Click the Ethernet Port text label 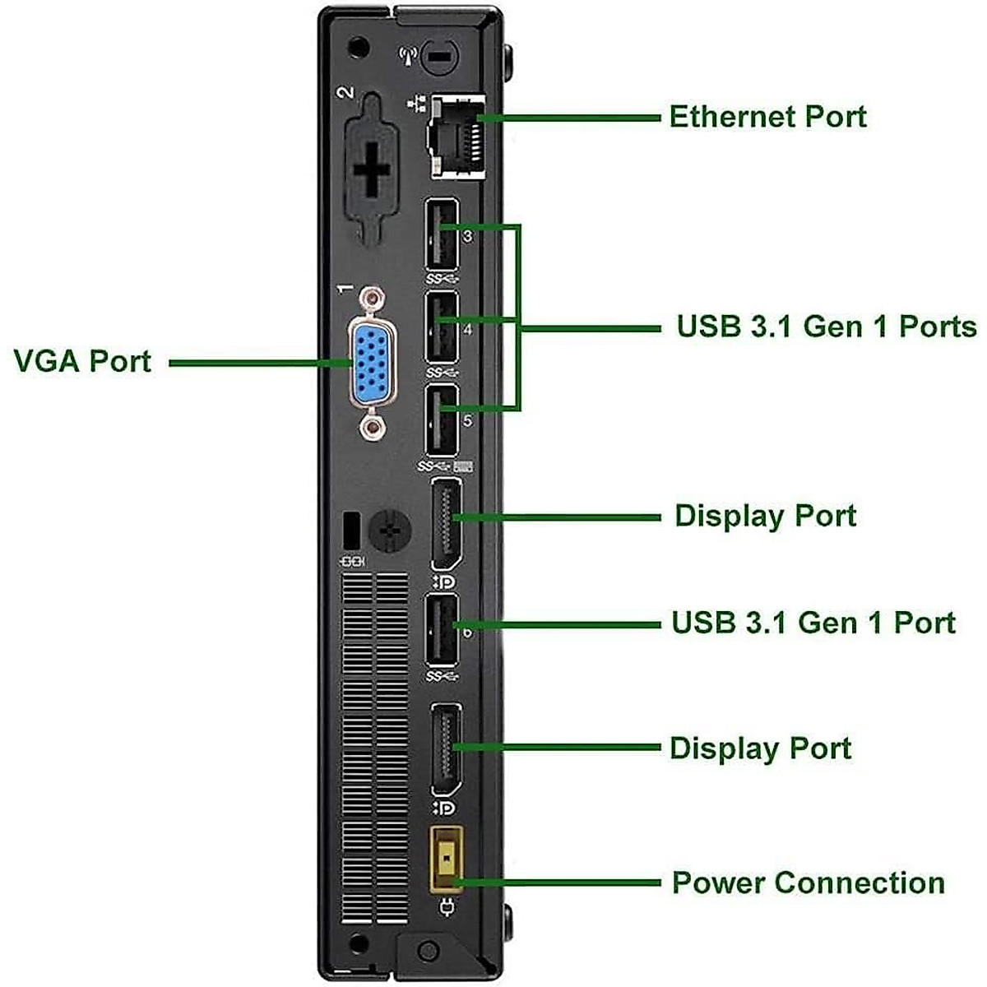(x=767, y=117)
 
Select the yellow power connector (x=447, y=858)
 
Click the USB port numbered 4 (x=442, y=327)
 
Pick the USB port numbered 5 (x=442, y=419)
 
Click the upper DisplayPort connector (x=445, y=522)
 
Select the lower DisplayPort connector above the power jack (x=445, y=748)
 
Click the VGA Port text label (x=82, y=362)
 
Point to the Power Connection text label (x=808, y=883)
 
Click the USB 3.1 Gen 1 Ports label (x=826, y=327)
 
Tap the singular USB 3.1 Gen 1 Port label (x=813, y=623)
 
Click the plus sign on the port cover (x=372, y=169)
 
